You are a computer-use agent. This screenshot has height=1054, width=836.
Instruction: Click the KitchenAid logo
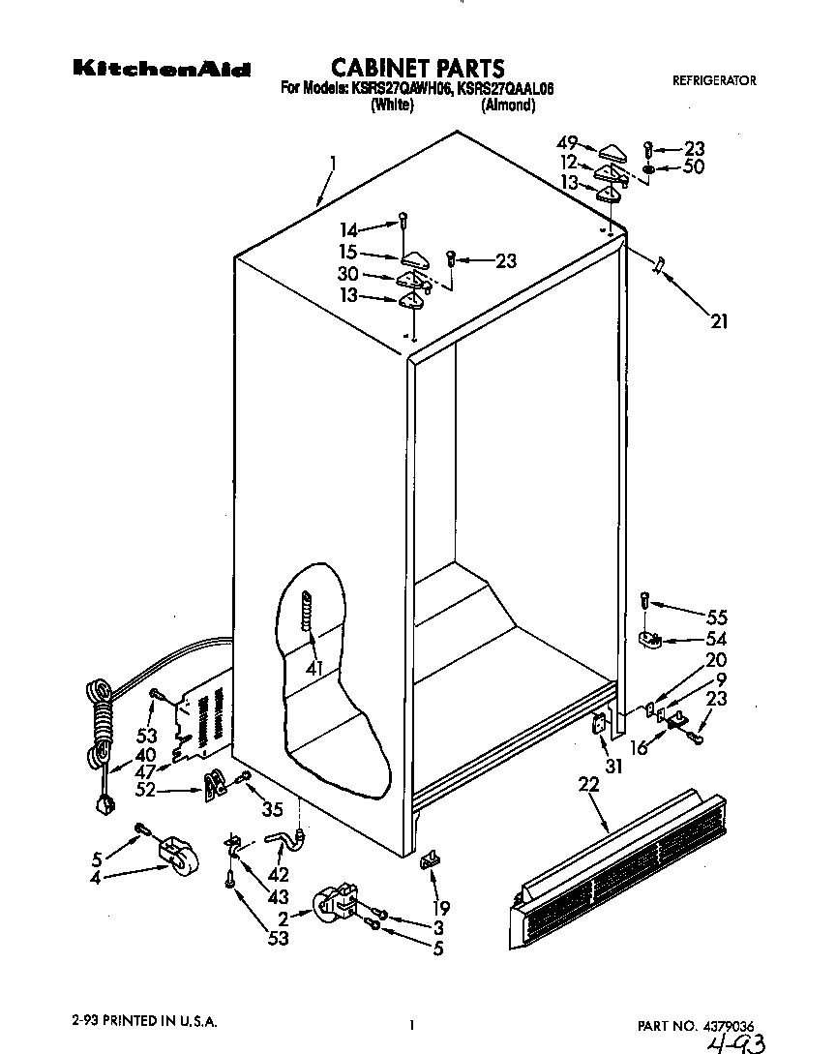[x=162, y=70]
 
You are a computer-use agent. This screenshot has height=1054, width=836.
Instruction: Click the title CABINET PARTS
[x=418, y=68]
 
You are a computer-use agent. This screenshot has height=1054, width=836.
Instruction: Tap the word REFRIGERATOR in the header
[x=714, y=81]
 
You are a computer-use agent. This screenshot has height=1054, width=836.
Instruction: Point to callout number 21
[x=719, y=322]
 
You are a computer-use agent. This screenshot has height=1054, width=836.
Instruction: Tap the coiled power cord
[x=101, y=716]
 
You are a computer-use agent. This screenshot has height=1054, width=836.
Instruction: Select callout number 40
[x=145, y=755]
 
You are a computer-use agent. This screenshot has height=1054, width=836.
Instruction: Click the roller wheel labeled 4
[x=175, y=856]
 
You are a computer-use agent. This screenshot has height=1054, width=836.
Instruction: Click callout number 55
[x=717, y=617]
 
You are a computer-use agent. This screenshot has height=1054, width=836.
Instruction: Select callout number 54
[x=717, y=639]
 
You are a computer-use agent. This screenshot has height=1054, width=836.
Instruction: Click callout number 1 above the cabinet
[x=332, y=164]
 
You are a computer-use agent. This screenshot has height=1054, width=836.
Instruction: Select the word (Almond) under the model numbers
[x=508, y=105]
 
